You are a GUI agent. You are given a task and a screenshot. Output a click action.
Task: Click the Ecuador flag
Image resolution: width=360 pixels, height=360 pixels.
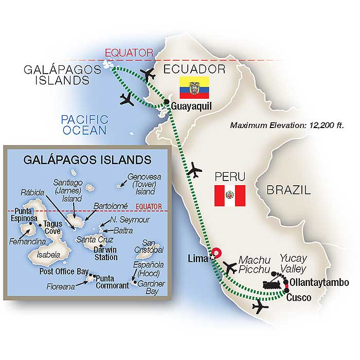point(194,88)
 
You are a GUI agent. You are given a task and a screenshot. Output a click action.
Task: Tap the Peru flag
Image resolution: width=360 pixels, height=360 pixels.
point(229,195)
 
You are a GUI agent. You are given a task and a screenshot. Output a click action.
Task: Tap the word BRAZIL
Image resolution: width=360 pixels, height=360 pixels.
point(289,190)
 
